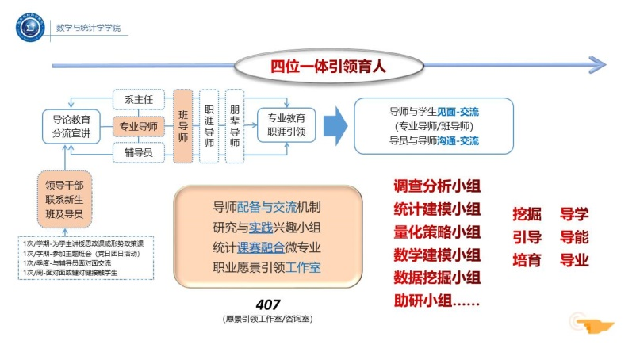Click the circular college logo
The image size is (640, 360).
point(30,29)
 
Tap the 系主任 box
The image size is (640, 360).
point(139,100)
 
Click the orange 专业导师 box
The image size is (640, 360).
point(139,125)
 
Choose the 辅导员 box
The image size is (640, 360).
point(139,151)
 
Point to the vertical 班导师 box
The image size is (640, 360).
point(183,126)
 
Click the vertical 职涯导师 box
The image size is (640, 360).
point(209,126)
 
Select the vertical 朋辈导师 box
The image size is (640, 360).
point(235,126)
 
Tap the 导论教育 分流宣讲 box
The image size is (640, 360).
point(71,126)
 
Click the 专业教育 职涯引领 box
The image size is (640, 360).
point(286,126)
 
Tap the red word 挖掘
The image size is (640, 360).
point(527,214)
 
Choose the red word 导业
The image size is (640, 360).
point(574,259)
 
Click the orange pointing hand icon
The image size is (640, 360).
point(591,324)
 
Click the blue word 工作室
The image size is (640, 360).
point(303,267)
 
